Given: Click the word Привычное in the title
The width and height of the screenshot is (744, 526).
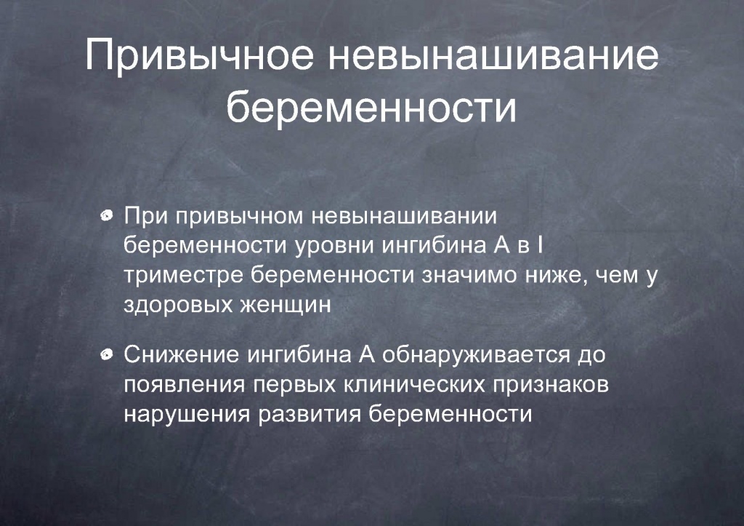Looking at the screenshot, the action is coord(199,55).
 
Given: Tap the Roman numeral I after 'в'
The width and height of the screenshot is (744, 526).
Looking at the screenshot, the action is coord(540,244).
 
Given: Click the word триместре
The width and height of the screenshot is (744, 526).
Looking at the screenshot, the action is coord(184,276).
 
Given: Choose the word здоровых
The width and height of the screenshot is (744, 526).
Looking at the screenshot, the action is coord(179,305).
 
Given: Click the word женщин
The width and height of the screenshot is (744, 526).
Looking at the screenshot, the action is coord(285,305).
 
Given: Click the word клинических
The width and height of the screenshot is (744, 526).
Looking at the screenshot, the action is coord(414,384).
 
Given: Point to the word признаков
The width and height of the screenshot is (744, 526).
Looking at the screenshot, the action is coord(551,384).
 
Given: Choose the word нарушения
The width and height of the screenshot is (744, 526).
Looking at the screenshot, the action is coord(187,415).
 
